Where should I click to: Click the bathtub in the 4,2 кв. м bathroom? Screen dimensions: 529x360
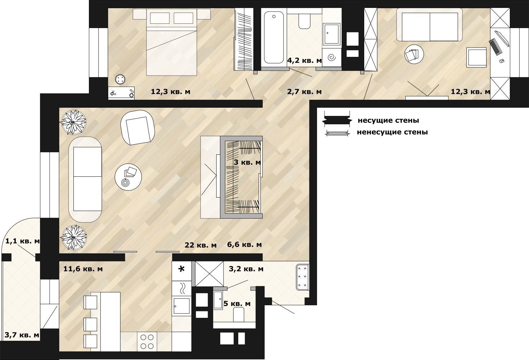tap(274, 37)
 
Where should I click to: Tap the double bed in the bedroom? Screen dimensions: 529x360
tap(172, 42)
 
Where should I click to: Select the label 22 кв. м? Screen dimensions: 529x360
tap(200, 245)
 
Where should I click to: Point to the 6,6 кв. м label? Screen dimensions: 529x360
tap(244, 244)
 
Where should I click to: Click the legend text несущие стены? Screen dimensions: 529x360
tap(389, 121)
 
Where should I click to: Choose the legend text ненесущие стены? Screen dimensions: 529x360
tap(392, 132)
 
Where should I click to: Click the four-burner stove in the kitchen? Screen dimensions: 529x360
tap(147, 342)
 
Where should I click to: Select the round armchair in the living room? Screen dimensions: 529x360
tap(138, 127)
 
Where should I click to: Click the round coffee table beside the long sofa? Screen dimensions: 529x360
tap(128, 177)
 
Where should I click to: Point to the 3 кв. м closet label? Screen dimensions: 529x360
tap(247, 162)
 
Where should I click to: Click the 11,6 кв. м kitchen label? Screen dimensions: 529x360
tap(83, 269)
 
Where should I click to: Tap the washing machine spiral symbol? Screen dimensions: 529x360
tap(332, 57)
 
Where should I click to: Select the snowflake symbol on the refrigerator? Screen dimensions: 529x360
tap(181, 269)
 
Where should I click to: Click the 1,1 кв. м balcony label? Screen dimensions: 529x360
tap(22, 241)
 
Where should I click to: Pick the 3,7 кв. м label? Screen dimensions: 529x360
tap(22, 335)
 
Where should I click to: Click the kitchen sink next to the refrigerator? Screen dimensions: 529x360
tap(182, 306)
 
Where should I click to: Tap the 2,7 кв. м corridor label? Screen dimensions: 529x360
tap(304, 92)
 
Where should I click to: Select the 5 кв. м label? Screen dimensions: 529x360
tap(237, 303)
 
